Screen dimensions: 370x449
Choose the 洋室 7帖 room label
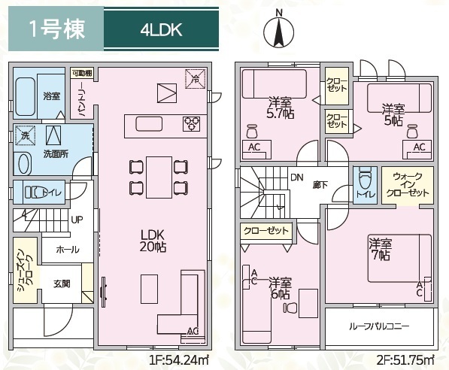click(379, 249)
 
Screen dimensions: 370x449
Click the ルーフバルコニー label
click(380, 327)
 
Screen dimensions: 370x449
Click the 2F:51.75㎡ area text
click(405, 359)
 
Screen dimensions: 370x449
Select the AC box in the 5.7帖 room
click(254, 147)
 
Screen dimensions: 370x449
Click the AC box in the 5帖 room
click(419, 147)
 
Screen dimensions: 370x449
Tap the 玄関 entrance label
click(61, 284)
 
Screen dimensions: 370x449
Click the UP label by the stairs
click(77, 220)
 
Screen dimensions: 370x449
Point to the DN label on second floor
click(296, 177)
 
